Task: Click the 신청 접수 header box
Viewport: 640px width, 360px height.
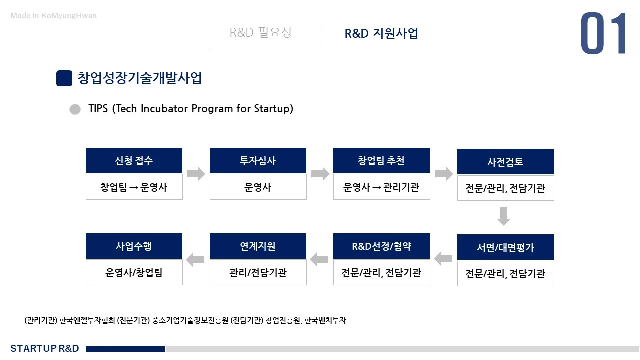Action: click(134, 161)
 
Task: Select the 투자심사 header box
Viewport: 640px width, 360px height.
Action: click(258, 161)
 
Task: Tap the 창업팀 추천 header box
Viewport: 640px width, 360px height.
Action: click(381, 161)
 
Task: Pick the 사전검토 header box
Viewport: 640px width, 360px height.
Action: click(505, 162)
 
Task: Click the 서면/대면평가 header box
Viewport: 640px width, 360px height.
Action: click(505, 247)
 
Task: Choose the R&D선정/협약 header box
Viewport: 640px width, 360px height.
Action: click(381, 246)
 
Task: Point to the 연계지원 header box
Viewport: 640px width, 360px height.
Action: click(258, 246)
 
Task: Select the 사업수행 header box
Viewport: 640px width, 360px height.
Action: click(134, 246)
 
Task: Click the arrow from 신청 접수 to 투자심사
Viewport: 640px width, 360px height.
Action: click(196, 174)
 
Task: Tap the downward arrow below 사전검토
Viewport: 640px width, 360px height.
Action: click(504, 216)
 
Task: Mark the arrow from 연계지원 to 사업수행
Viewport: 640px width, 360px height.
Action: click(195, 259)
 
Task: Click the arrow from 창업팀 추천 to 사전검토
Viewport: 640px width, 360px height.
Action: click(444, 174)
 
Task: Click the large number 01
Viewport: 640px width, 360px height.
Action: click(603, 34)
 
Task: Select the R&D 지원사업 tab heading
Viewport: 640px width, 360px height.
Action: click(381, 33)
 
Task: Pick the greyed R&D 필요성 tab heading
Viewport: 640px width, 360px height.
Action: click(260, 33)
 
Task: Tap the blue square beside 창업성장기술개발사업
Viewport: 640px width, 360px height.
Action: click(64, 79)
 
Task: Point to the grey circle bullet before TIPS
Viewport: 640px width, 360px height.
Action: click(75, 109)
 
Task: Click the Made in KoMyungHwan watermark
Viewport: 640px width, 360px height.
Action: click(54, 16)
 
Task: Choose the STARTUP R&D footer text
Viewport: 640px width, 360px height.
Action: click(45, 348)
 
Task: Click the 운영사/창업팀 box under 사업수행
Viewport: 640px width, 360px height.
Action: click(134, 273)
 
